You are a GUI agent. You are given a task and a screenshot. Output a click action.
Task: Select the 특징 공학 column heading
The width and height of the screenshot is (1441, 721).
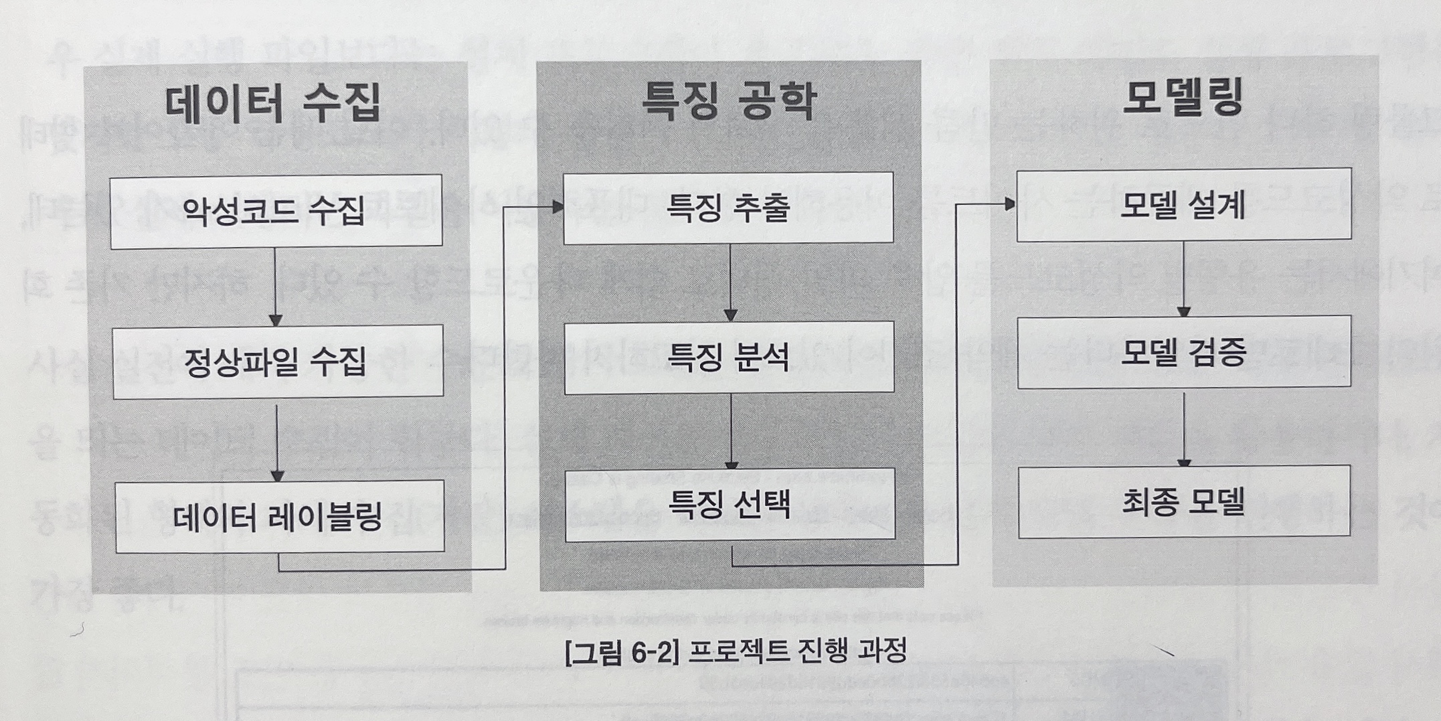point(729,101)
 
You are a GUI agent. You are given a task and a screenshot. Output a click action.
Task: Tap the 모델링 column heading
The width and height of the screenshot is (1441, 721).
point(1183,98)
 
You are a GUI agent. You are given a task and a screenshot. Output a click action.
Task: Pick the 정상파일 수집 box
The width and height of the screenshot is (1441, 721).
point(277,362)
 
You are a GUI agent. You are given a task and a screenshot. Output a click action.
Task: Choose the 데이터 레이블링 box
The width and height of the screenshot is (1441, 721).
point(279,516)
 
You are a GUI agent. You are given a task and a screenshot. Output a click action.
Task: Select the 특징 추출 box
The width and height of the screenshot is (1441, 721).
point(728,208)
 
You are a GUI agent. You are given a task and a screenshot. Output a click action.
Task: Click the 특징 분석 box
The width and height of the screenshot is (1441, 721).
point(729,357)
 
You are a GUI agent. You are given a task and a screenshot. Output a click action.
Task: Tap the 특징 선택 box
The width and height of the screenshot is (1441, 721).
point(730,504)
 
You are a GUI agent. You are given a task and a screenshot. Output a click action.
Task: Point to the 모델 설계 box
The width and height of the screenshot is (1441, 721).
point(1183,204)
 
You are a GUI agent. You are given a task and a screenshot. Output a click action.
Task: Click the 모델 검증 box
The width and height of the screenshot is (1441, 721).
point(1183,352)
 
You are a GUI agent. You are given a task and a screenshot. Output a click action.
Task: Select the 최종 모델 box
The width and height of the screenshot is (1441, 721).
point(1183,501)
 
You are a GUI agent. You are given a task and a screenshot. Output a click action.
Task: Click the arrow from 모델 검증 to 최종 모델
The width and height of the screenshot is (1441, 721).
point(1184,428)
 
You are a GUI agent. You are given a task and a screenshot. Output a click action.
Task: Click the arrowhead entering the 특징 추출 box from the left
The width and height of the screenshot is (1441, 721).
point(557,208)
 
